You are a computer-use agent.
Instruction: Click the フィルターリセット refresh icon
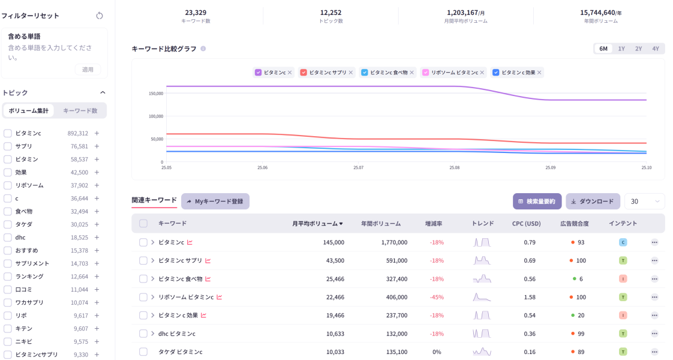coord(100,16)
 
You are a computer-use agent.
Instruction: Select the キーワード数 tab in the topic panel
coord(80,111)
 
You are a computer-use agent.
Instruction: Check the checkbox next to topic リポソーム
coord(8,185)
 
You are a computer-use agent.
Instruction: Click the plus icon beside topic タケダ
coord(97,224)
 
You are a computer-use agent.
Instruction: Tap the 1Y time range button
coord(621,49)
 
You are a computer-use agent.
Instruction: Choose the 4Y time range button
coord(656,49)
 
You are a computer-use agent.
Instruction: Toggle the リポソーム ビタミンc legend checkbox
coord(426,73)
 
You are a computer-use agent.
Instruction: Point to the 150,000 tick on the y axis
coord(155,94)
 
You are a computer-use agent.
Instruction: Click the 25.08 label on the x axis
coord(454,168)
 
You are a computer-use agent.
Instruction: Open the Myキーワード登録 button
coord(215,202)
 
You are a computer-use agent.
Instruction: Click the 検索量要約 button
coord(537,202)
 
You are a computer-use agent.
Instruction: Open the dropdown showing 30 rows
coord(644,202)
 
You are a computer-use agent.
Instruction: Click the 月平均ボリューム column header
coord(317,224)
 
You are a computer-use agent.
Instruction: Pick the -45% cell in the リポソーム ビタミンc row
coord(437,297)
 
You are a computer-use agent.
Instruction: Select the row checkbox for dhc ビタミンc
coord(143,334)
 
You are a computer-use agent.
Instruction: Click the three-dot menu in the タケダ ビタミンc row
coord(654,352)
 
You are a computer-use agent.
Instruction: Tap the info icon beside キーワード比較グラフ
coord(203,49)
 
